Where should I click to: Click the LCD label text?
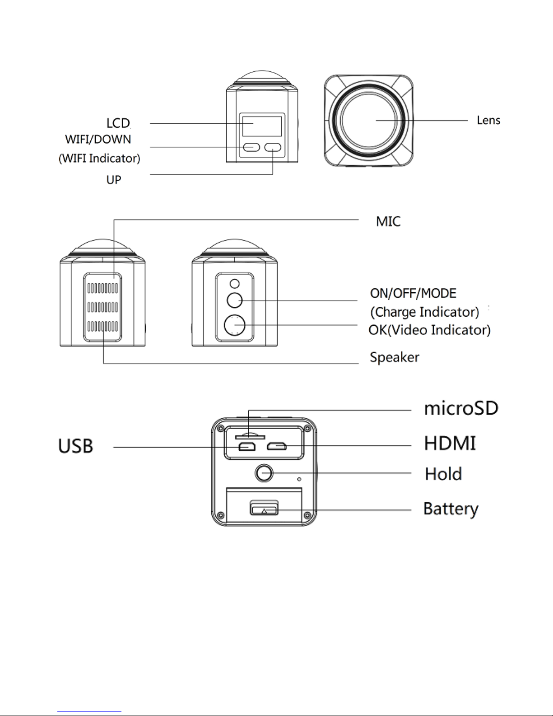(118, 123)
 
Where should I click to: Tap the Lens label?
(488, 120)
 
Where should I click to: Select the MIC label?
(388, 221)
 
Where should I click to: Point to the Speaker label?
(395, 357)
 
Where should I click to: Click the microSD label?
(461, 408)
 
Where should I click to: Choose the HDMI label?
(450, 443)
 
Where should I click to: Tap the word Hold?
(443, 474)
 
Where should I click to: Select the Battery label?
(451, 509)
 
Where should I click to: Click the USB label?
(76, 446)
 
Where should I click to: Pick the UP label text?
(114, 180)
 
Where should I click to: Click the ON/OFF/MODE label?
(414, 293)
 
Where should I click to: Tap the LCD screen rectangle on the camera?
(262, 126)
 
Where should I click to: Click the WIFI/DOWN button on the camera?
(252, 147)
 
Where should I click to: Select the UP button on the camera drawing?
(273, 147)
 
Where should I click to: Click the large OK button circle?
(235, 325)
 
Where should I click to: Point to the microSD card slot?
(250, 437)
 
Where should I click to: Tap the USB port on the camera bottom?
(247, 447)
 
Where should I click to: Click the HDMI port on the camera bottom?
(276, 447)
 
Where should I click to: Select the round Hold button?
(264, 473)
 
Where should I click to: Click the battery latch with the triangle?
(264, 508)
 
